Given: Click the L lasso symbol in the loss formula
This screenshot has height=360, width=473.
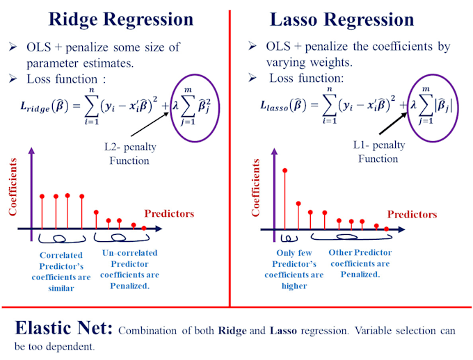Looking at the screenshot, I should click(x=273, y=107).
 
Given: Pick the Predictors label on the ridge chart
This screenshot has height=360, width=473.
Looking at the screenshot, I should click(x=169, y=213).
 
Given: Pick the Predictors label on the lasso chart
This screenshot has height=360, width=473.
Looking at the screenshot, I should click(x=412, y=214).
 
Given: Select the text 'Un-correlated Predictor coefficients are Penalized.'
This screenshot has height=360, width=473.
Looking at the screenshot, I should click(x=129, y=269).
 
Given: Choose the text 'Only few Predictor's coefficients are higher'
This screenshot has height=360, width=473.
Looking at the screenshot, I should click(x=293, y=269).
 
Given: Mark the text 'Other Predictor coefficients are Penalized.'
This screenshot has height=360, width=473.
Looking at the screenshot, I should click(x=360, y=263).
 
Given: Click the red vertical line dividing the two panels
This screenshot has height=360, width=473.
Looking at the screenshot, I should click(x=230, y=160).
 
